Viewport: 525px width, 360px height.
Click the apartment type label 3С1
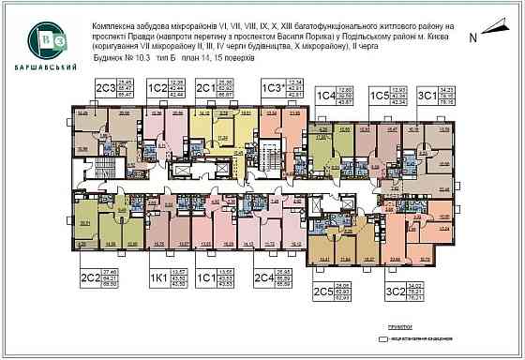427,96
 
